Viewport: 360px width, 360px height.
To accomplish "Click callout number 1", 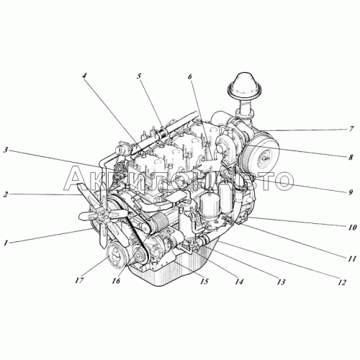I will point(6,243).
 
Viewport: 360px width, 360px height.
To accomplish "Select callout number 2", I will point(6,194).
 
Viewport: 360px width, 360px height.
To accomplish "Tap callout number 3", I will point(6,150).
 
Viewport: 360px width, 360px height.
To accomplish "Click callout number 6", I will point(192,77).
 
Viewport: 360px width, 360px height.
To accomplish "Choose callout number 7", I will point(351,130).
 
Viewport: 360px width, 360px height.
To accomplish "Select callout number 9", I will point(351,193).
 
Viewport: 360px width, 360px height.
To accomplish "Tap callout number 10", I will point(351,226).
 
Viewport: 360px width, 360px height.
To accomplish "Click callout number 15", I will point(204,280).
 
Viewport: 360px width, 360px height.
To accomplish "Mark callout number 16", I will point(115,282).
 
